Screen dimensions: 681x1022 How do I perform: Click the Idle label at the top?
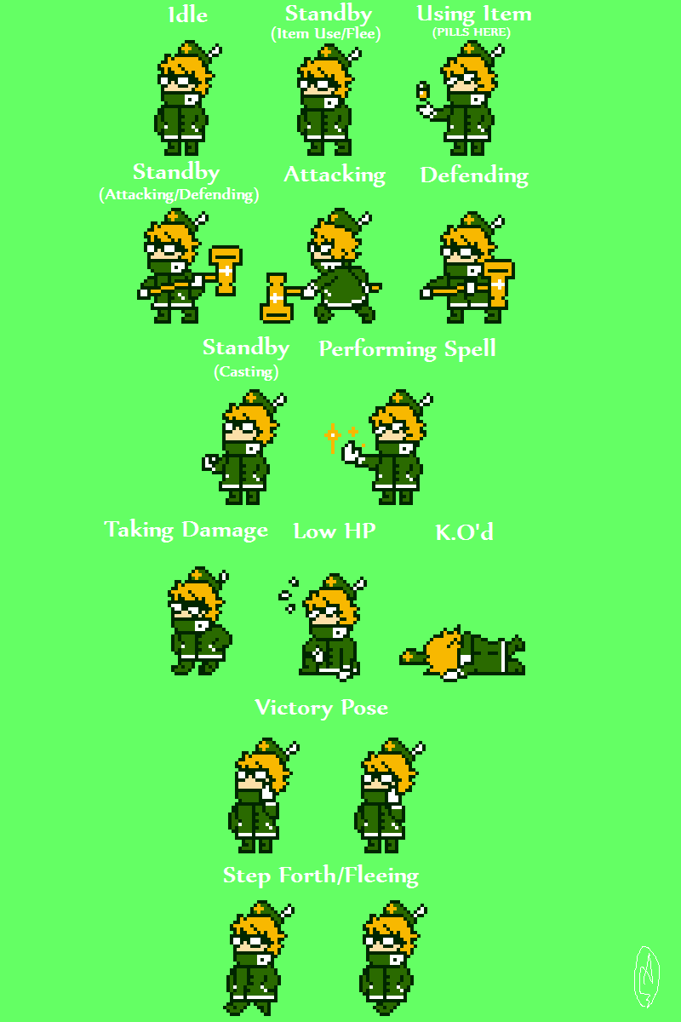pyautogui.click(x=188, y=15)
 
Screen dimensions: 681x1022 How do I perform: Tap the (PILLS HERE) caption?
pyautogui.click(x=472, y=32)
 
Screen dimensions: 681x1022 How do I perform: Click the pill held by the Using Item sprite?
pyautogui.click(x=423, y=90)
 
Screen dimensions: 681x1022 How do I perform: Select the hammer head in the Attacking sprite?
pyautogui.click(x=276, y=298)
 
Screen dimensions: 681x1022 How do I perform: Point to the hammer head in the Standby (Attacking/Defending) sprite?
pyautogui.click(x=226, y=270)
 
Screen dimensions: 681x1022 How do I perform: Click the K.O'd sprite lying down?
pyautogui.click(x=462, y=653)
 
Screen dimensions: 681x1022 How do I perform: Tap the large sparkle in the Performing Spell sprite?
pyautogui.click(x=333, y=437)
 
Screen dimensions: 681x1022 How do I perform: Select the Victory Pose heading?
pyautogui.click(x=322, y=708)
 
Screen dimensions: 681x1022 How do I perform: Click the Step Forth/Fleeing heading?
pyautogui.click(x=321, y=876)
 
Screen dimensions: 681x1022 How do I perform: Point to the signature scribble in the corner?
pyautogui.click(x=647, y=976)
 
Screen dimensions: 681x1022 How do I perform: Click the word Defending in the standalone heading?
pyautogui.click(x=474, y=175)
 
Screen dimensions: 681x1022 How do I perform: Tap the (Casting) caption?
pyautogui.click(x=246, y=372)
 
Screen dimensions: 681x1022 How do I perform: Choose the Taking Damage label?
pyautogui.click(x=186, y=530)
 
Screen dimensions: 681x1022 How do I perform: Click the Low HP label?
pyautogui.click(x=335, y=531)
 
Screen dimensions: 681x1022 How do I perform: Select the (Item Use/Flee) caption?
pyautogui.click(x=326, y=34)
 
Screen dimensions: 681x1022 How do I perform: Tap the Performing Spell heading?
pyautogui.click(x=407, y=349)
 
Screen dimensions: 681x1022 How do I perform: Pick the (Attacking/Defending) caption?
pyautogui.click(x=180, y=195)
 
